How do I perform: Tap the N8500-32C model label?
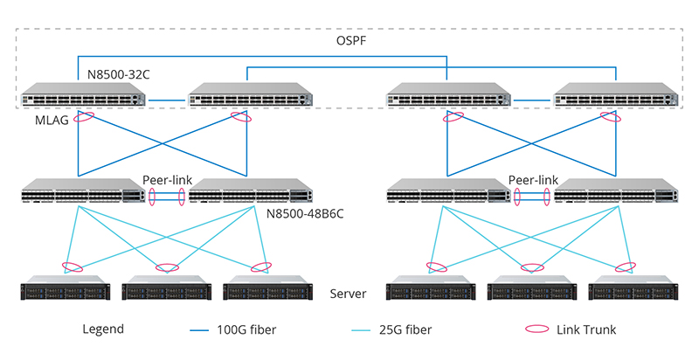119,75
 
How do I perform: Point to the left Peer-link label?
166,180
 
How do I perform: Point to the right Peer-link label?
533,180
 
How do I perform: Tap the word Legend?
103,329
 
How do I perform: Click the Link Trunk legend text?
585,329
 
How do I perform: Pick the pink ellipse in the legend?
539,329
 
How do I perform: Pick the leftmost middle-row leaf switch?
83,192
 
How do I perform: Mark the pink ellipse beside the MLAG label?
84,117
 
